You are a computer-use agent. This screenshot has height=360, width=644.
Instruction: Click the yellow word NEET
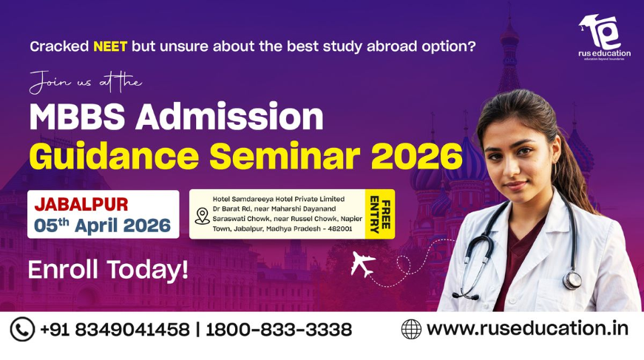pyautogui.click(x=109, y=46)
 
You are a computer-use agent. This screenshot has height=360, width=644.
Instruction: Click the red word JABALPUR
pyautogui.click(x=81, y=204)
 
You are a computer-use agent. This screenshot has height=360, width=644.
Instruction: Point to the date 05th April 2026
pyautogui.click(x=103, y=225)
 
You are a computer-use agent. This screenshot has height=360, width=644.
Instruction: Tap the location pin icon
pyautogui.click(x=202, y=215)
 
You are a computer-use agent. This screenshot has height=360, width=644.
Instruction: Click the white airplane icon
pyautogui.click(x=362, y=265)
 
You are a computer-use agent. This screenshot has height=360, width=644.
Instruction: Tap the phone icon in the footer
pyautogui.click(x=21, y=329)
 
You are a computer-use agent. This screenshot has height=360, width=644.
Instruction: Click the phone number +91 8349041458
pyautogui.click(x=115, y=330)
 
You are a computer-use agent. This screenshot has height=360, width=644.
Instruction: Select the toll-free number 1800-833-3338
pyautogui.click(x=279, y=330)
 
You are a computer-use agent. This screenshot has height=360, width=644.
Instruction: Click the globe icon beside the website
pyautogui.click(x=411, y=329)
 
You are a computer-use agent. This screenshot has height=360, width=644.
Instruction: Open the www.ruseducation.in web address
pyautogui.click(x=527, y=328)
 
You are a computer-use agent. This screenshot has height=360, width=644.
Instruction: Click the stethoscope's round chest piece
pyautogui.click(x=572, y=280)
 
